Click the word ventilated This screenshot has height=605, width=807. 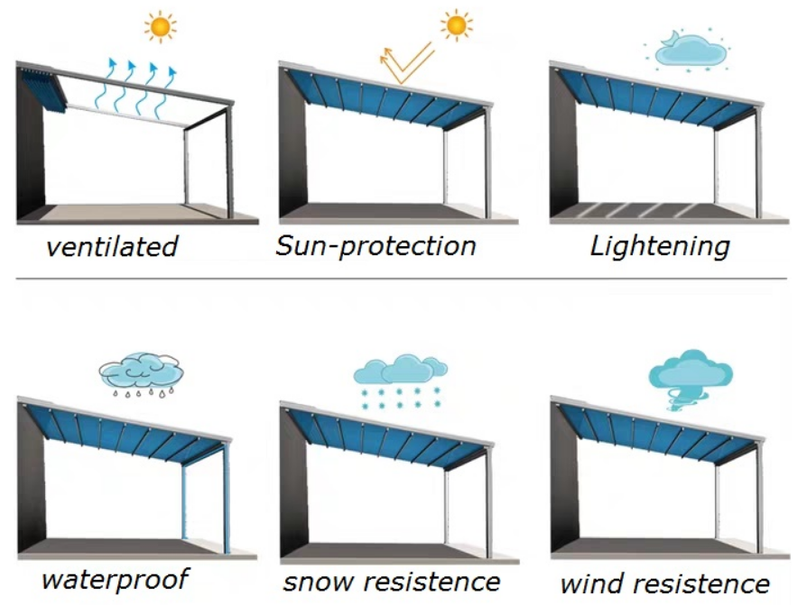[112, 246]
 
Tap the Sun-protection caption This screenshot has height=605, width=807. [376, 246]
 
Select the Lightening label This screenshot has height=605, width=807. [660, 246]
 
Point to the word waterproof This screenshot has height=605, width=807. [115, 580]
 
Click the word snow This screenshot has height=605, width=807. [319, 582]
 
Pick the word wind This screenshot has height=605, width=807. [592, 583]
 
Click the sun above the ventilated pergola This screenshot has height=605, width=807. [161, 27]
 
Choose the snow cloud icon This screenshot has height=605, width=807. [400, 380]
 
